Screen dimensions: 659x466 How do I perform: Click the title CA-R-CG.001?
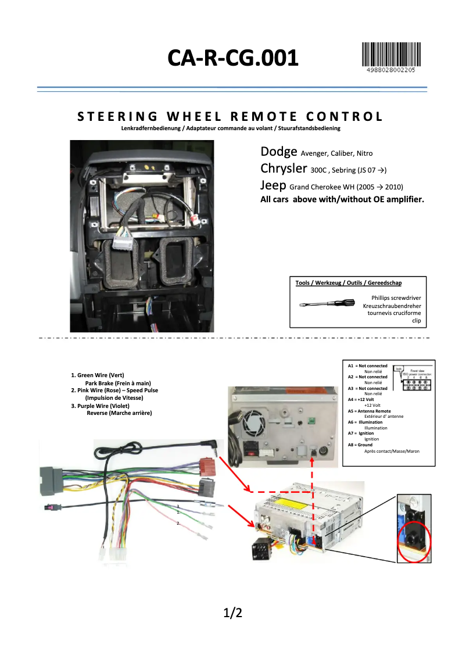click(x=233, y=58)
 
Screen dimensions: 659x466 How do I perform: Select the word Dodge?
click(x=279, y=152)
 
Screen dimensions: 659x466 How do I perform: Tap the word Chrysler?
click(x=284, y=169)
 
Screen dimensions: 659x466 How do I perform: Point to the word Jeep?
click(x=273, y=185)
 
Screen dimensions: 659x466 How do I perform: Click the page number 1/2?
click(x=232, y=613)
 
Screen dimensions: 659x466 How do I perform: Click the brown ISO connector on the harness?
click(x=206, y=466)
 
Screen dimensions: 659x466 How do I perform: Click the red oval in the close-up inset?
click(x=414, y=540)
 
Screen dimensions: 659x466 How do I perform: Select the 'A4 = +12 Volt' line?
click(x=361, y=399)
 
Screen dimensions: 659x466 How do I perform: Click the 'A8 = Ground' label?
click(x=360, y=445)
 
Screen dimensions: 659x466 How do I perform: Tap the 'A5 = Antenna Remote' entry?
click(x=369, y=411)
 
